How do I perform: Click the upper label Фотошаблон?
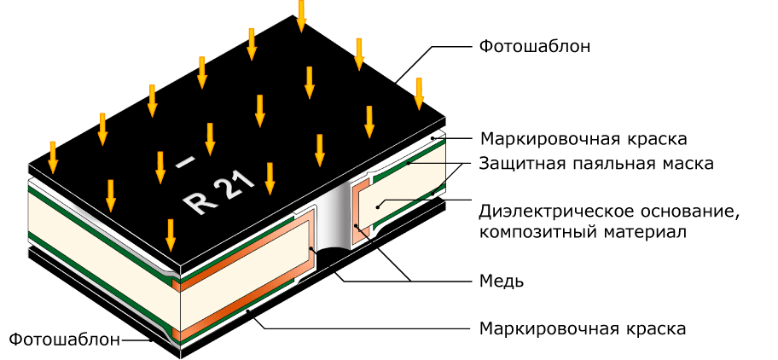tap(534, 47)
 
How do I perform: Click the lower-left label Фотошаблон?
tap(65, 340)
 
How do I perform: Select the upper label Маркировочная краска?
tap(583, 138)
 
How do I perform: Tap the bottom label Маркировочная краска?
tap(583, 328)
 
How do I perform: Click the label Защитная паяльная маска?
tap(596, 163)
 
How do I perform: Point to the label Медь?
tap(501, 282)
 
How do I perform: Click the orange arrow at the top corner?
tap(301, 16)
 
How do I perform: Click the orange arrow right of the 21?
tap(270, 178)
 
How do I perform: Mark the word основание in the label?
tap(688, 212)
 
